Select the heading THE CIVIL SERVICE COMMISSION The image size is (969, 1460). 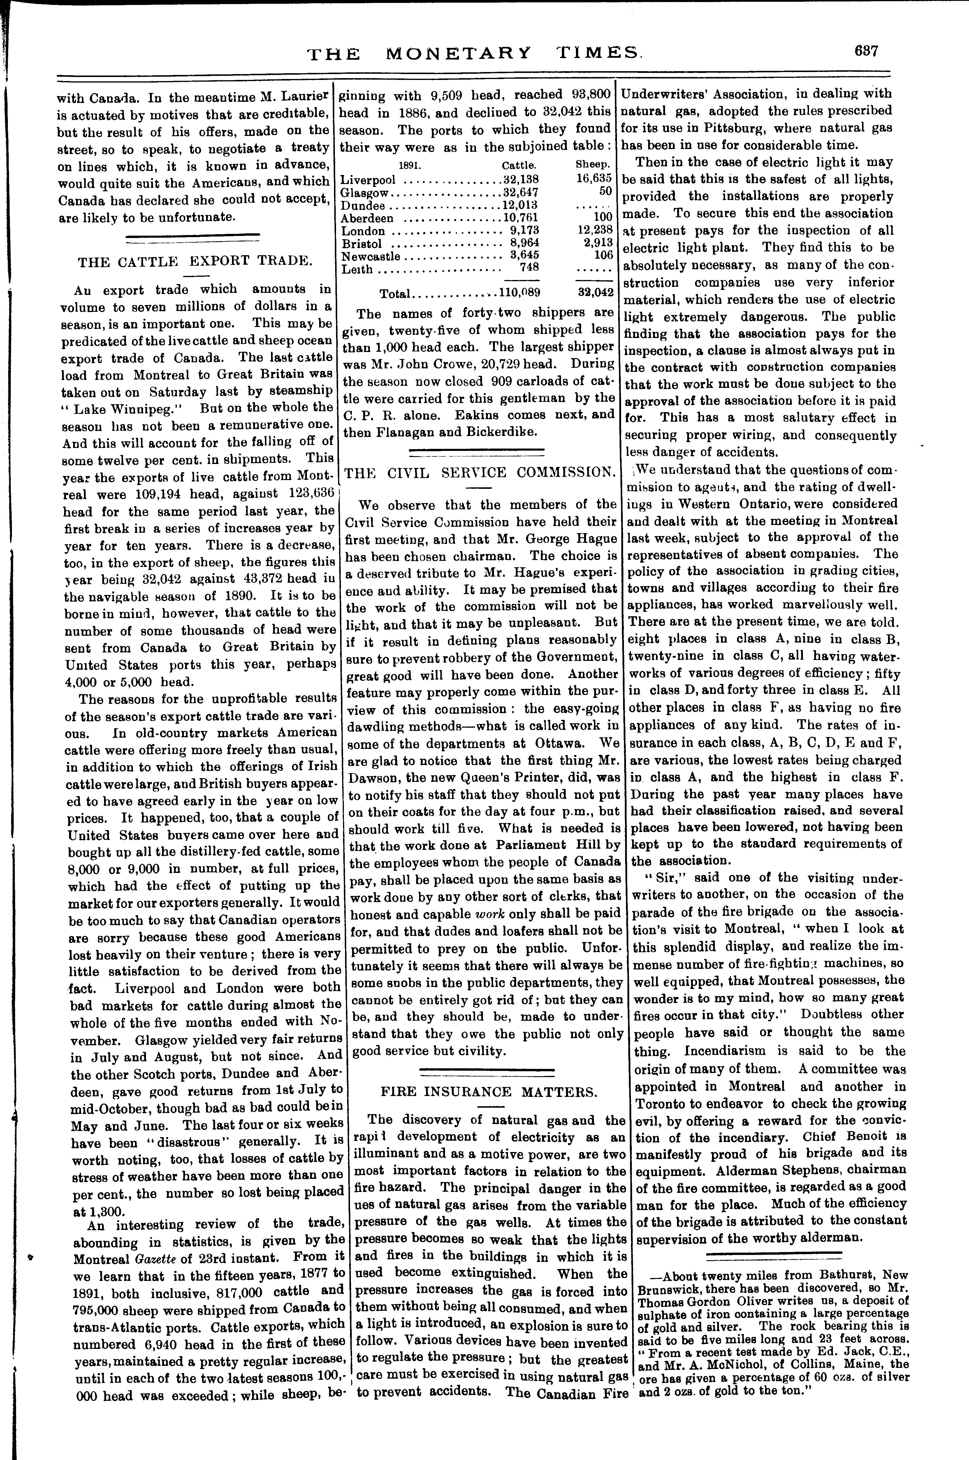point(480,472)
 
